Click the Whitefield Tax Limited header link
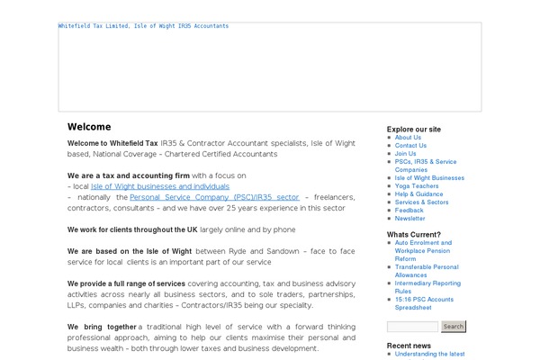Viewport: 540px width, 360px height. pyautogui.click(x=143, y=26)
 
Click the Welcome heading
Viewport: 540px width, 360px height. pyautogui.click(x=89, y=127)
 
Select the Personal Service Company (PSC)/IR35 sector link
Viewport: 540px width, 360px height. pyautogui.click(x=214, y=196)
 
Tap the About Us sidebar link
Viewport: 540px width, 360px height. pyautogui.click(x=408, y=138)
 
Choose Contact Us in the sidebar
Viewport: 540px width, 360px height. pyautogui.click(x=410, y=146)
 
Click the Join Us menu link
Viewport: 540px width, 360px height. pyautogui.click(x=406, y=154)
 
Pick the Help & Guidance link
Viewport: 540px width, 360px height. pyautogui.click(x=418, y=194)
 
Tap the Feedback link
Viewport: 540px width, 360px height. pyautogui.click(x=409, y=211)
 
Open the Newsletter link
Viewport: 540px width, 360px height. pyautogui.click(x=409, y=219)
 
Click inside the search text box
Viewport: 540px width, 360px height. pyautogui.click(x=413, y=327)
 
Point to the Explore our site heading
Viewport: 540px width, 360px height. pyautogui.click(x=414, y=129)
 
